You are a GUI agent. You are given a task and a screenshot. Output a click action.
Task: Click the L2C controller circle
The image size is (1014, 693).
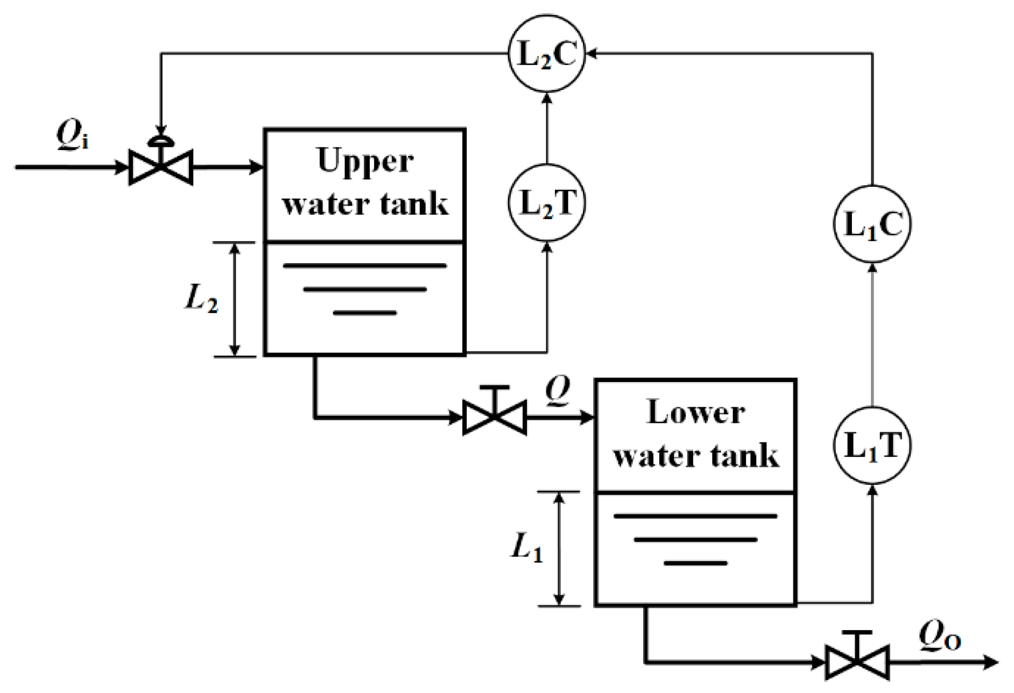pyautogui.click(x=546, y=54)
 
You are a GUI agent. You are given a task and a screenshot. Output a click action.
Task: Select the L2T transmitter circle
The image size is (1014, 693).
pyautogui.click(x=547, y=203)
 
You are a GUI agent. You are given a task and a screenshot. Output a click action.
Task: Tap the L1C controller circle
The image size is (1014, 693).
pyautogui.click(x=872, y=224)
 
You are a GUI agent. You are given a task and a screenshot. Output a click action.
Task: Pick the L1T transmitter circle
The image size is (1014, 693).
pyautogui.click(x=872, y=445)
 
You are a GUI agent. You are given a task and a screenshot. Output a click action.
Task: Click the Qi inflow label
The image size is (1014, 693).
pyautogui.click(x=72, y=135)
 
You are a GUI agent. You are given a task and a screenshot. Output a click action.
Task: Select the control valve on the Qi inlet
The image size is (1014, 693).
pyautogui.click(x=160, y=167)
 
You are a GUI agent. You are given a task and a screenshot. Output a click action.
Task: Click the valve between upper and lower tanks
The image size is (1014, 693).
pyautogui.click(x=495, y=416)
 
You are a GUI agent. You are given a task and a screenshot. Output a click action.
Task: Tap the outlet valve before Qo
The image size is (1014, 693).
pyautogui.click(x=857, y=662)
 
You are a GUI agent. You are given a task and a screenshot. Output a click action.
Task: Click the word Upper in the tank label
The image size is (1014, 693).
pyautogui.click(x=365, y=161)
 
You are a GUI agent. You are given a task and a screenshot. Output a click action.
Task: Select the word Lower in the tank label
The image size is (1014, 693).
pyautogui.click(x=696, y=413)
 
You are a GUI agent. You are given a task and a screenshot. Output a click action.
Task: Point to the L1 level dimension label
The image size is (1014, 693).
pyautogui.click(x=526, y=548)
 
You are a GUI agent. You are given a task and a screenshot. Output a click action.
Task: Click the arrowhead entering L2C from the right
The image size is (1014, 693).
pyautogui.click(x=591, y=53)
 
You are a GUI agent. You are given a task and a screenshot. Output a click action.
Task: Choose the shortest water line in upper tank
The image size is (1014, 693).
pyautogui.click(x=365, y=313)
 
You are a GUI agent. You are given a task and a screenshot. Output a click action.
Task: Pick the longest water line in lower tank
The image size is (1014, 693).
pyautogui.click(x=695, y=516)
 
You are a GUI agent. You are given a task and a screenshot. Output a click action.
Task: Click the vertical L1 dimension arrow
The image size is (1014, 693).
pyautogui.click(x=559, y=549)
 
